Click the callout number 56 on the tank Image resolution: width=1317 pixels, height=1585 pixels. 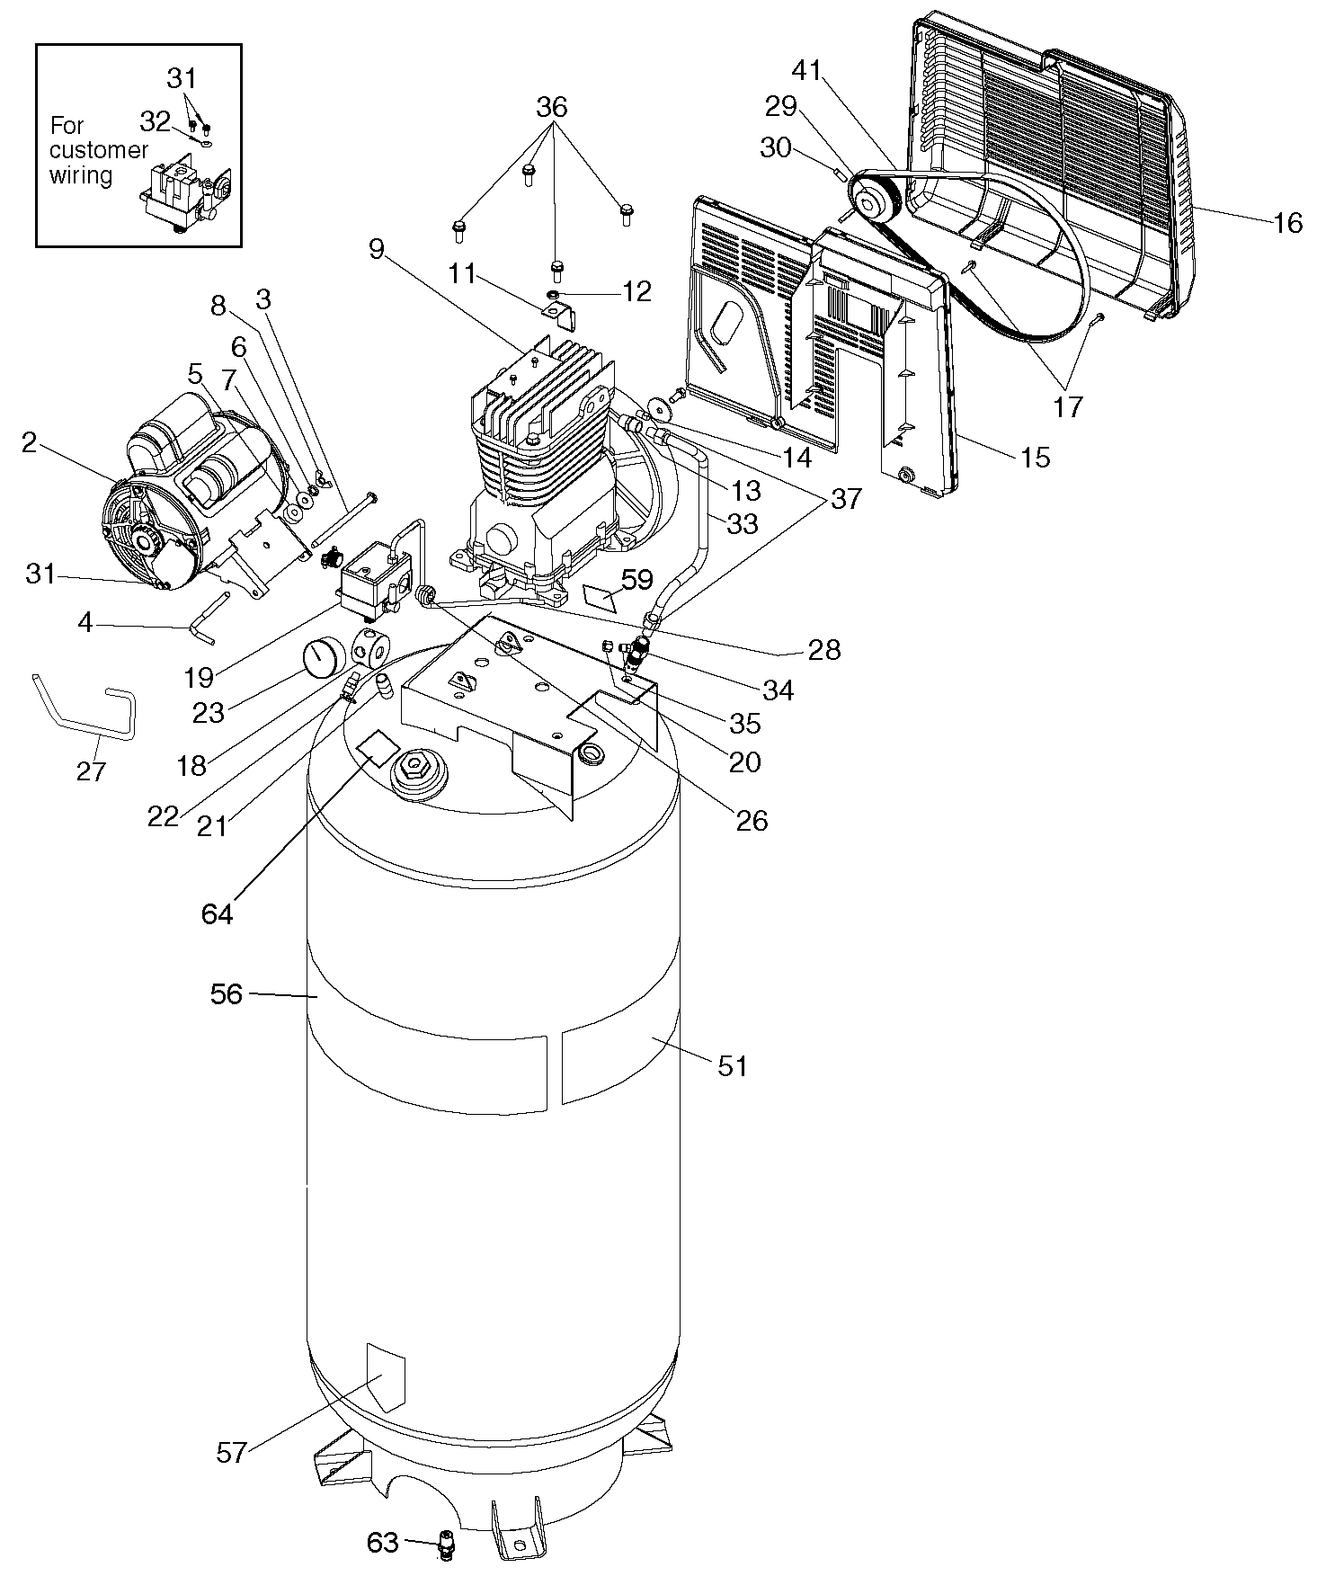click(227, 994)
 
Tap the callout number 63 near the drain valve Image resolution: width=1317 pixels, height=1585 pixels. click(382, 1542)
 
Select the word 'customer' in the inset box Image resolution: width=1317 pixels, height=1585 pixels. click(99, 150)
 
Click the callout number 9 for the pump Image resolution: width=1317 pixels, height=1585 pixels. click(376, 248)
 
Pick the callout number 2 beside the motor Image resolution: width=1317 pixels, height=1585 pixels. click(30, 442)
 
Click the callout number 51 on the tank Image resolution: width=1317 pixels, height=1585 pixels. click(733, 1066)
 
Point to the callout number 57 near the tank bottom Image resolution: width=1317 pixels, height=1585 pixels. click(231, 1452)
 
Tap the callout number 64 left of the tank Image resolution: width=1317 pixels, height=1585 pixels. click(218, 913)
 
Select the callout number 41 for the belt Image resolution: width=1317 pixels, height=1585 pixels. click(807, 70)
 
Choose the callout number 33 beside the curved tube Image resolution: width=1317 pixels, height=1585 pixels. click(743, 523)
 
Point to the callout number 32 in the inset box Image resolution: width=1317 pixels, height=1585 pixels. click(156, 121)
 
